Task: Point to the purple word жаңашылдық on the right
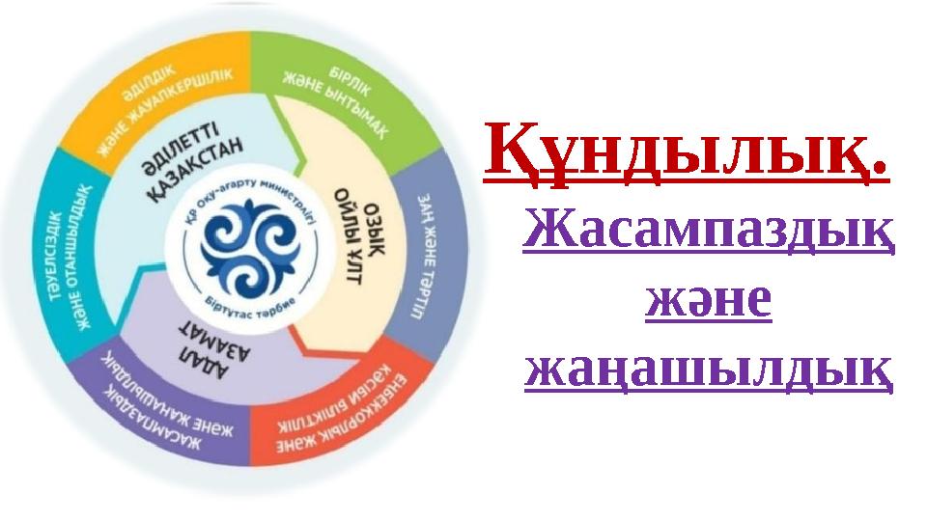tap(708, 371)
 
